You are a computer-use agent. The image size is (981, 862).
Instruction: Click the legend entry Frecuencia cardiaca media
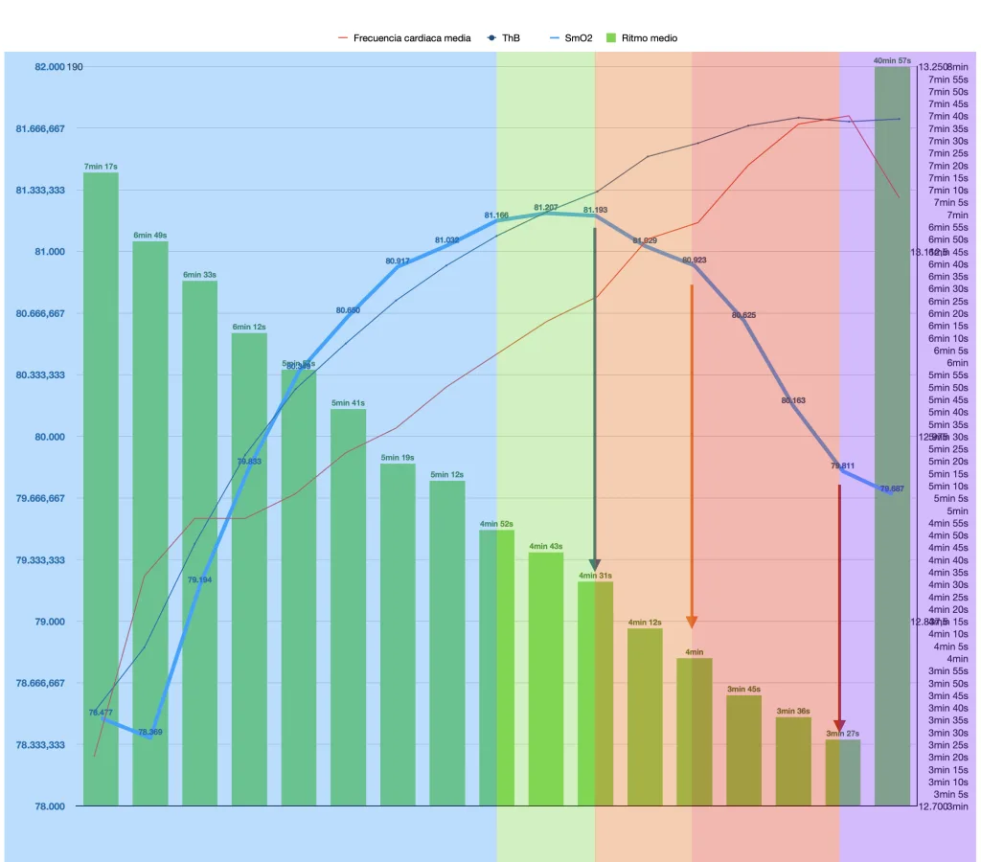(411, 38)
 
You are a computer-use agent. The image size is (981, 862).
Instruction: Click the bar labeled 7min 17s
(101, 488)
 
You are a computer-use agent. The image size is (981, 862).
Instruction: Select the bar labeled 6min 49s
(150, 522)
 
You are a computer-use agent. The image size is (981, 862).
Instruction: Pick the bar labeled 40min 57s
(892, 436)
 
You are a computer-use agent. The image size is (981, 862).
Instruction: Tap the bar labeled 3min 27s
(843, 772)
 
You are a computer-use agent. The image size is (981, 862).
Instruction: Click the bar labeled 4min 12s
(645, 716)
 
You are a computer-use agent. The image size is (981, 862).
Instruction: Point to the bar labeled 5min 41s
(348, 607)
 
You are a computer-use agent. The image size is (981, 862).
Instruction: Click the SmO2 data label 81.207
(545, 207)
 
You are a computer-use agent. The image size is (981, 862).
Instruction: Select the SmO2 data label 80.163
(793, 400)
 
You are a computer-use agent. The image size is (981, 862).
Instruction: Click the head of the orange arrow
(692, 622)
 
